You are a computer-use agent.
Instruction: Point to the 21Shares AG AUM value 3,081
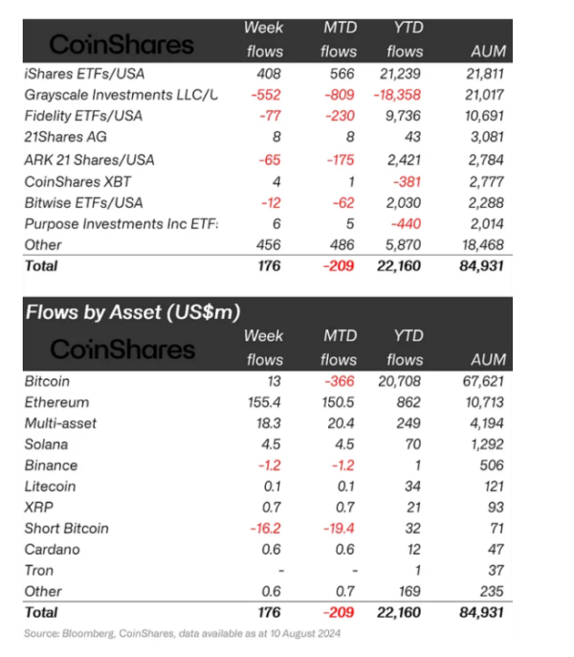click(x=487, y=137)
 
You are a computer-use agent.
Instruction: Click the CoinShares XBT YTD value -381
click(x=409, y=180)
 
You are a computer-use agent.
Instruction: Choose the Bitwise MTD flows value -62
click(x=342, y=201)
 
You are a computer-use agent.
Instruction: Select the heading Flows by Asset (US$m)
click(x=132, y=311)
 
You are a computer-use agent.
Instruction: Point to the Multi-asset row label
click(x=60, y=423)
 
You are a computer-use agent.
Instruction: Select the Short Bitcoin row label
click(x=66, y=529)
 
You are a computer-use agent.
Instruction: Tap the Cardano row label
click(x=52, y=550)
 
